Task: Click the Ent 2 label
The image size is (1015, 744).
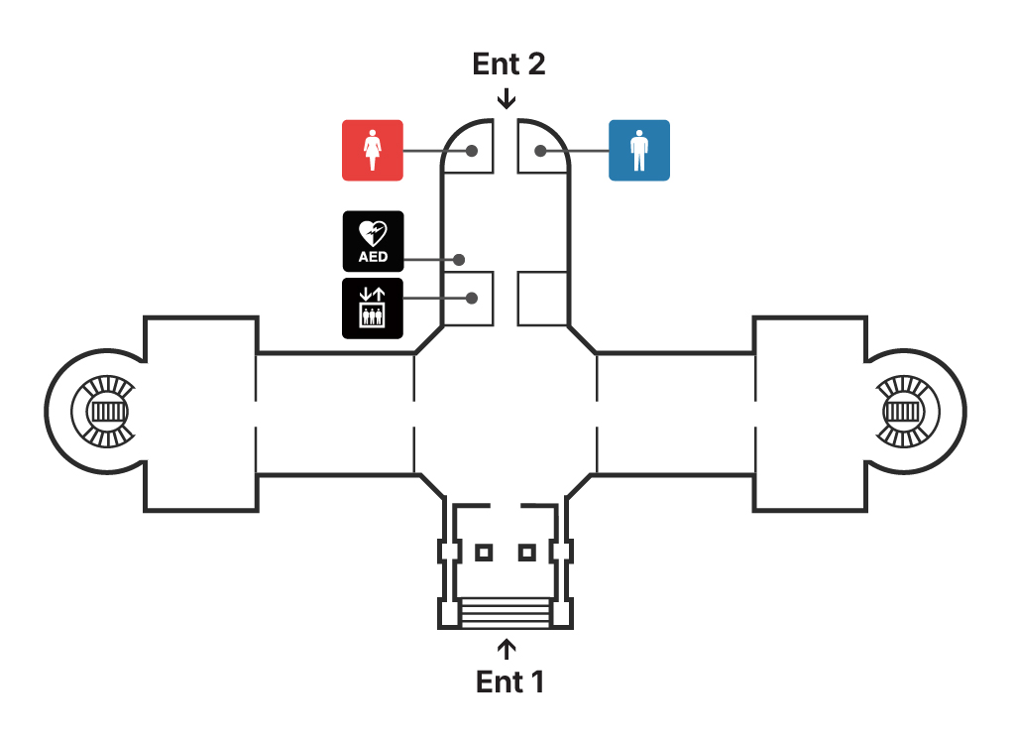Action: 508,64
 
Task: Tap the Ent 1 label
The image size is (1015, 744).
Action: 509,682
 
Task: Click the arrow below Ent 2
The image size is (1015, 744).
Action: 507,98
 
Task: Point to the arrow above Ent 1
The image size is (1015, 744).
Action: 507,649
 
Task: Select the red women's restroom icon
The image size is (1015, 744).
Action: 373,150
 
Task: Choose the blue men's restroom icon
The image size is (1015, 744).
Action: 638,150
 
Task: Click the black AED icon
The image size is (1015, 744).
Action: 373,241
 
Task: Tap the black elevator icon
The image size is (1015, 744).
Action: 373,309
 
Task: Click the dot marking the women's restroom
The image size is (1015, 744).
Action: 473,151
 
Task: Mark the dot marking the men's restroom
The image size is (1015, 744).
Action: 541,151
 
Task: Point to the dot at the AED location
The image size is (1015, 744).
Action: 460,260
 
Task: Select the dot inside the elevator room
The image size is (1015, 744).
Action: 473,298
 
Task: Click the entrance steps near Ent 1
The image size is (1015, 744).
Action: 506,612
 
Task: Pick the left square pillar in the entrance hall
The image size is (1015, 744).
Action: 484,552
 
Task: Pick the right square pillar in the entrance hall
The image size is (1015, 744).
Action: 527,552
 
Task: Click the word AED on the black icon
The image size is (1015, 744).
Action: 373,258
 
